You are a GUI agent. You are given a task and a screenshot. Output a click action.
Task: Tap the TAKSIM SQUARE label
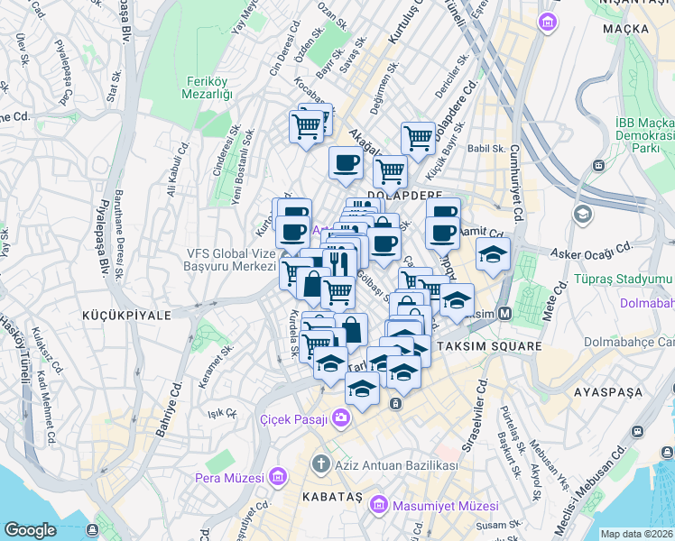coord(490,345)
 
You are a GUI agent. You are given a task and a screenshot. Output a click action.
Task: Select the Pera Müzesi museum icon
coord(278,477)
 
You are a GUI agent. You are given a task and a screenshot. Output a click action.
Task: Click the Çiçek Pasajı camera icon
coord(341,417)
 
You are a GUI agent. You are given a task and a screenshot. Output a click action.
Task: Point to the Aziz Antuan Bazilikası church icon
coord(320,465)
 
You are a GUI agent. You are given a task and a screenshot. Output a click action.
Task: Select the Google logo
coord(30,530)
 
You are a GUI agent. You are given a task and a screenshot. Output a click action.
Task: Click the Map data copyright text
coord(636,534)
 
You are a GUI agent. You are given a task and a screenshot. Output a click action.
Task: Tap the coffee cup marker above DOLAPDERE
coord(346,163)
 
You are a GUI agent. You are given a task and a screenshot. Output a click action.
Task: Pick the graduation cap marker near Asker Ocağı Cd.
coord(493,254)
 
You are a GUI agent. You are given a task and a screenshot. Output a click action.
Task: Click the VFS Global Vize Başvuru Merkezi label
coord(229,260)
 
